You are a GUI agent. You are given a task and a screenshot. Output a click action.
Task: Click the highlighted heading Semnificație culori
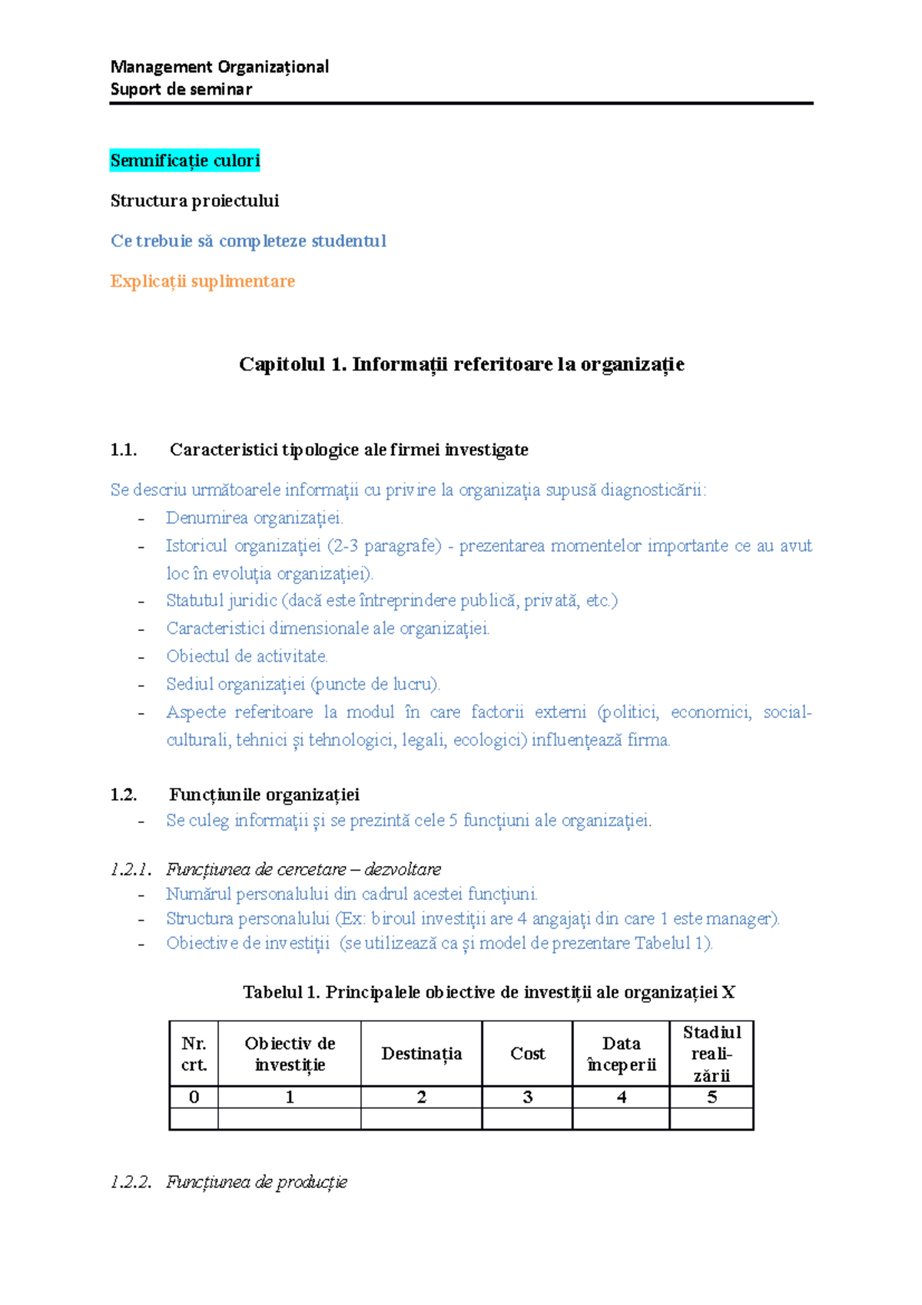point(185,161)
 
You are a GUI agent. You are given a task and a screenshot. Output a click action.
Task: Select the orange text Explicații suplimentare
point(202,281)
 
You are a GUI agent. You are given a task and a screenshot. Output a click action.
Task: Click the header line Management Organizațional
point(220,67)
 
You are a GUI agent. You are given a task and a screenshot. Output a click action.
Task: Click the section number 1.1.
point(123,450)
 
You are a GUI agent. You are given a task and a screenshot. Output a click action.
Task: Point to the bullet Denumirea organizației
point(254,518)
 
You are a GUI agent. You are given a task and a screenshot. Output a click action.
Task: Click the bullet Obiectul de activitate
point(247,656)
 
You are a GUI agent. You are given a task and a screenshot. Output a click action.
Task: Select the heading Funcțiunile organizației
point(264,795)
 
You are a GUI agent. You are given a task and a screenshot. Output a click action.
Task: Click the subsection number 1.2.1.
point(130,870)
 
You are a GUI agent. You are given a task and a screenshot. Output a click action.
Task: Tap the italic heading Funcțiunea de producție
point(256,1182)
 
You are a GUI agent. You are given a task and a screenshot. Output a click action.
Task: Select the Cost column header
point(527,1054)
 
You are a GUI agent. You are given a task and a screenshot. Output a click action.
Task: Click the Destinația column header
point(421,1054)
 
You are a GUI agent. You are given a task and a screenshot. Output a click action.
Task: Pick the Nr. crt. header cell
point(194,1054)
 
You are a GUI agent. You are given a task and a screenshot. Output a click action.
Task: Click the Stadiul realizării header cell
point(711,1054)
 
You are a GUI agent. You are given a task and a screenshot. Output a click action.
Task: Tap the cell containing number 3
point(527,1097)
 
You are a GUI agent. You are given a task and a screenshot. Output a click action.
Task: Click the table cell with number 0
point(194,1097)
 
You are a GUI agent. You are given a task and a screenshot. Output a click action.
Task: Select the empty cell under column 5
point(711,1118)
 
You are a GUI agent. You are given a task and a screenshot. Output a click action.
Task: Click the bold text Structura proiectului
point(194,201)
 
